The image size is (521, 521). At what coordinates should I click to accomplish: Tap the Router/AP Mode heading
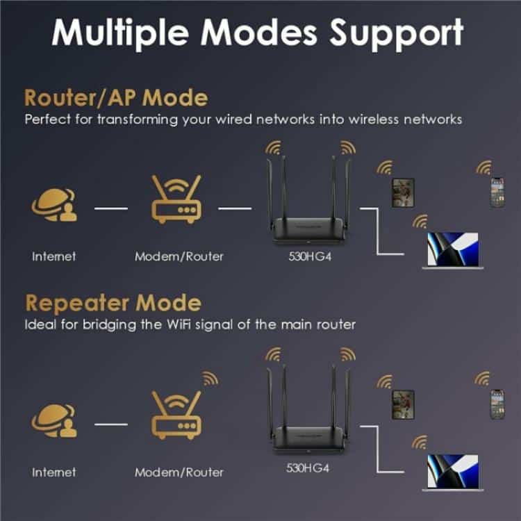tap(116, 98)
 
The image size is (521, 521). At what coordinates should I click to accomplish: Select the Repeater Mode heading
tap(113, 304)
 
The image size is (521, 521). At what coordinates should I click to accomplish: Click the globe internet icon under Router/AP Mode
tap(54, 205)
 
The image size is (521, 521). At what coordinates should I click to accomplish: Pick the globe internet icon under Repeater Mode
tap(54, 421)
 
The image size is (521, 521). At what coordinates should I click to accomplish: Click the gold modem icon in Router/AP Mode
tap(176, 199)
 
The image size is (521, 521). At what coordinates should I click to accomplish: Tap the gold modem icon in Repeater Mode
tap(176, 415)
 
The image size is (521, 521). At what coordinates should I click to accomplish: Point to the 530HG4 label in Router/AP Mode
tap(310, 256)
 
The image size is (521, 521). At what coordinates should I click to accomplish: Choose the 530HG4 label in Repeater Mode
tap(308, 468)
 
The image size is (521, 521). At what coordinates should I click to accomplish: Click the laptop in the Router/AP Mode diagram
tap(452, 251)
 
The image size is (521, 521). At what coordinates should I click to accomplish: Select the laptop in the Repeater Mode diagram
tap(452, 472)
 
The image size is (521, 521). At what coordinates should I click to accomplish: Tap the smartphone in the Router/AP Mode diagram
tap(498, 192)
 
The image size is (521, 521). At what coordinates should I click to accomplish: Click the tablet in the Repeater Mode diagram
tap(404, 405)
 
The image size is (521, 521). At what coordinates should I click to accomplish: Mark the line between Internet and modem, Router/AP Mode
tap(111, 208)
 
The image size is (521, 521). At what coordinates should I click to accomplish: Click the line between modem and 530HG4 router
tap(235, 208)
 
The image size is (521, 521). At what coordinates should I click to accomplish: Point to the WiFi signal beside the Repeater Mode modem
tap(210, 379)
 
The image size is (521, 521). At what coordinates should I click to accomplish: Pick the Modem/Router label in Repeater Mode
tap(179, 472)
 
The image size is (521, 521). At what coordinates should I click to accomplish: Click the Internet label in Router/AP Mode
tap(53, 256)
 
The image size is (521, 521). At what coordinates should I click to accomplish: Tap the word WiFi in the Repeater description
tap(179, 324)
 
